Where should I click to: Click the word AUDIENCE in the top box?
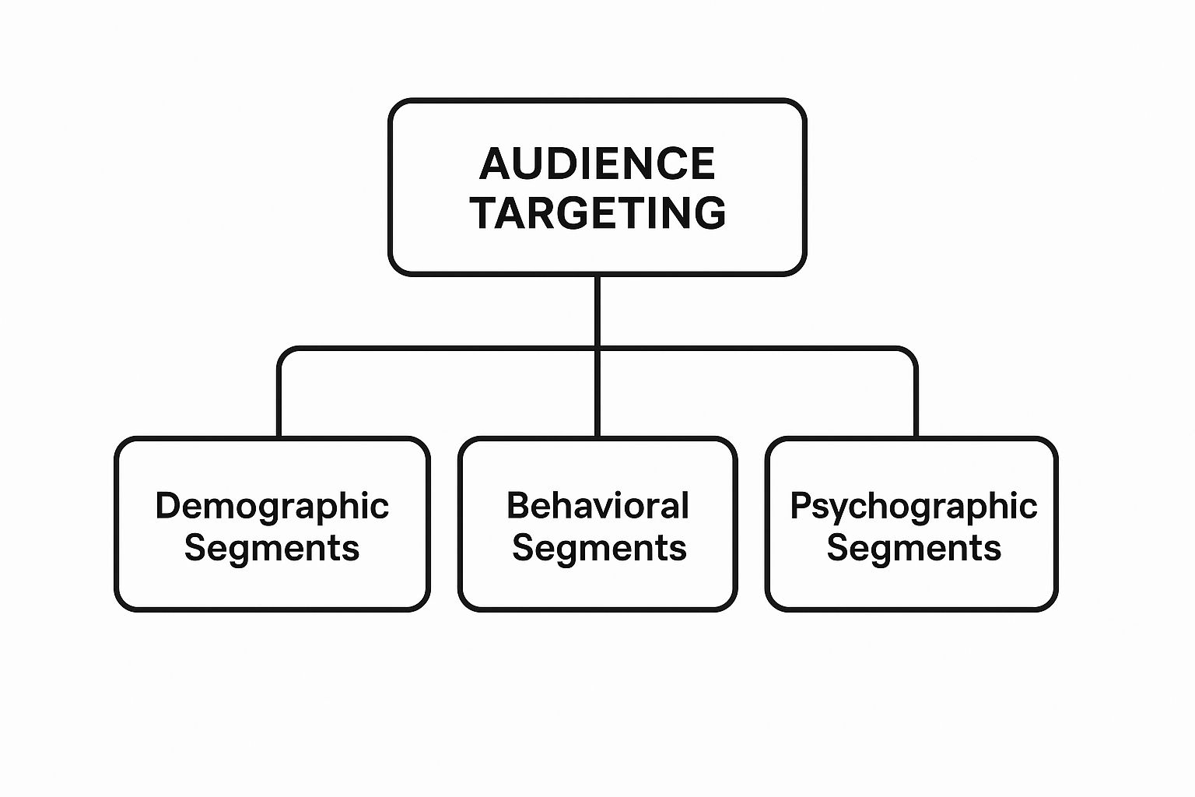[x=597, y=163]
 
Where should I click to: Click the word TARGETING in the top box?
[x=597, y=212]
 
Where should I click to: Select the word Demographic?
[x=272, y=507]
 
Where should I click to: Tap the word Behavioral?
[x=597, y=506]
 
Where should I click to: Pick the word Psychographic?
[x=913, y=507]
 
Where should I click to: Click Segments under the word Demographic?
[x=272, y=547]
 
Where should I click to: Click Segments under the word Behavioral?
[x=599, y=547]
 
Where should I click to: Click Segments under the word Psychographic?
[x=913, y=547]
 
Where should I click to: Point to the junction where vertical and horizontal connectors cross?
[x=597, y=348]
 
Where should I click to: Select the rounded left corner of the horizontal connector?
[x=283, y=353]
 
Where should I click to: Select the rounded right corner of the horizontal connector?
[x=912, y=353]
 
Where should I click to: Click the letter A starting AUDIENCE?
[x=493, y=163]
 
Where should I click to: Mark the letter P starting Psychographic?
[x=801, y=505]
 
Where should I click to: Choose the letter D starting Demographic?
[x=166, y=505]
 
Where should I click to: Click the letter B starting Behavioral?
[x=517, y=505]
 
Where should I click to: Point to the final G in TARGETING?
[x=710, y=212]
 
